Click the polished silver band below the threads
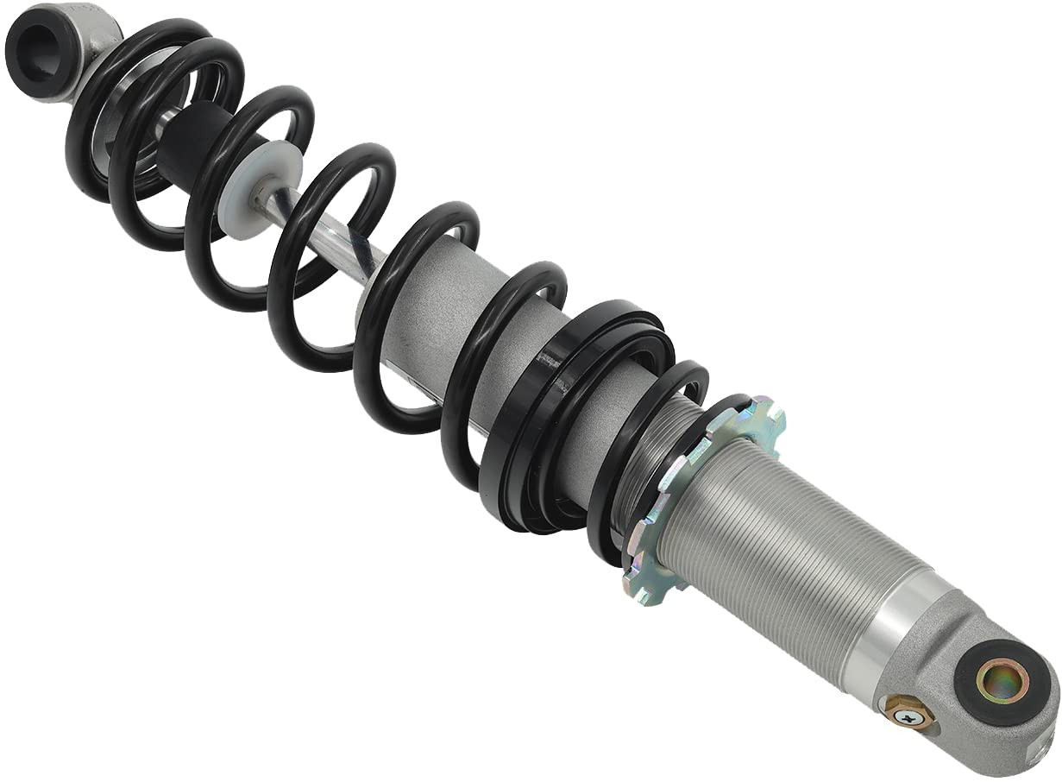tap(889, 630)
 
